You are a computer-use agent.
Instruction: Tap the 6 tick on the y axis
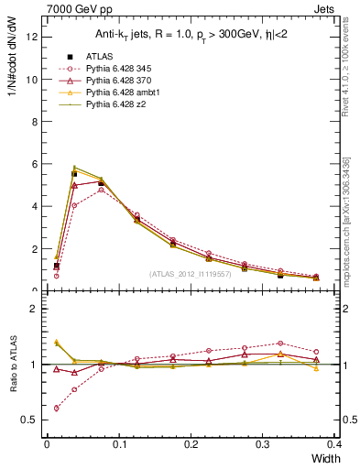34,164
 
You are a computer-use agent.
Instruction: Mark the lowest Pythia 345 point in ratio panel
57,408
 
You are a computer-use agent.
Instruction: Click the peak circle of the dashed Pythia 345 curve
101,190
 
